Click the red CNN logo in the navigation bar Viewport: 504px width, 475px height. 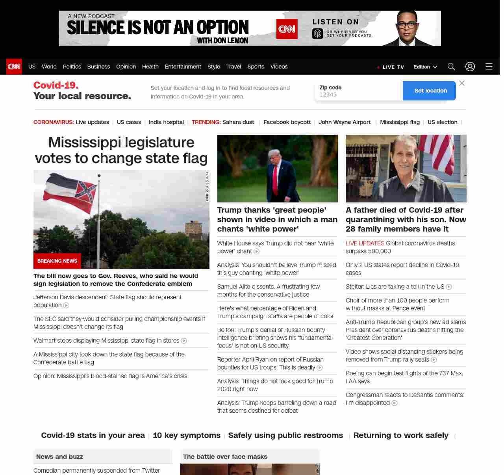14,67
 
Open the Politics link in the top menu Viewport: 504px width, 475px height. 72,67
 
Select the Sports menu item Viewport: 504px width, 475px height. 256,67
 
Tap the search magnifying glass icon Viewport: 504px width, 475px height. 451,67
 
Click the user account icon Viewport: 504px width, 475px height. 470,67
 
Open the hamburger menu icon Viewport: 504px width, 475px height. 489,67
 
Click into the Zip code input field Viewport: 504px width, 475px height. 358,95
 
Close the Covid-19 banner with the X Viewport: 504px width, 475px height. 462,83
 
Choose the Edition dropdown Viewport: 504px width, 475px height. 425,67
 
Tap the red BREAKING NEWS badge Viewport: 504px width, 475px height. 57,261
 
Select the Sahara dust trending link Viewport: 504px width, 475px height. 238,122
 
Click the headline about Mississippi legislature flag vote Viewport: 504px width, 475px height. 121,150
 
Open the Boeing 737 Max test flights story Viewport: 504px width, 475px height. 404,377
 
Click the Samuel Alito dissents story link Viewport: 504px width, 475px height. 269,290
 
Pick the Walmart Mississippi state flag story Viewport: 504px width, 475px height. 106,340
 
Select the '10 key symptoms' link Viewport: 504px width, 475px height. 186,435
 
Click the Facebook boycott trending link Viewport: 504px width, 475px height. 287,122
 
